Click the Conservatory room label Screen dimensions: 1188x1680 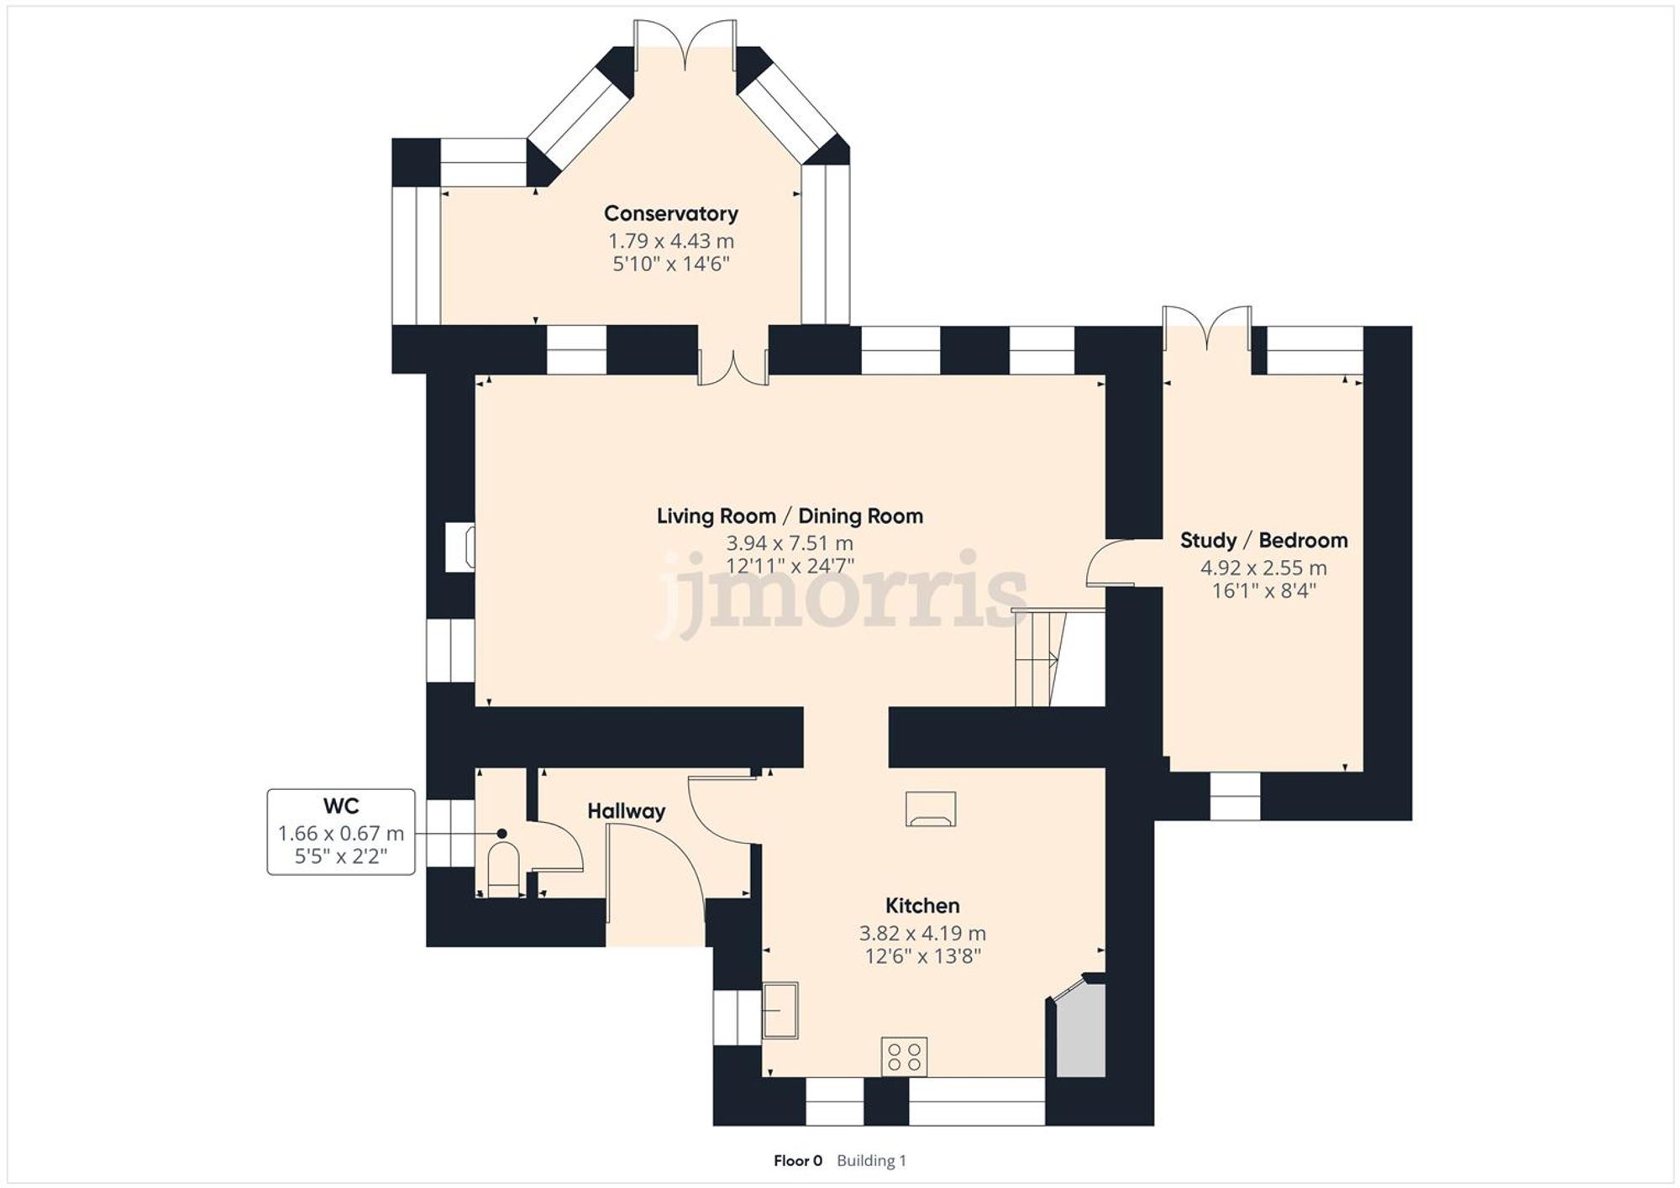pyautogui.click(x=670, y=213)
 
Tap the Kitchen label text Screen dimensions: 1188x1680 pyautogui.click(x=922, y=906)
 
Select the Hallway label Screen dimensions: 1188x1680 pyautogui.click(x=626, y=811)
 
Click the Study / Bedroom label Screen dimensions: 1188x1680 pyautogui.click(x=1263, y=540)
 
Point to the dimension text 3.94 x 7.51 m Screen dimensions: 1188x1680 pyautogui.click(x=790, y=543)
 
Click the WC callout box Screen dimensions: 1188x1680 pyautogui.click(x=341, y=831)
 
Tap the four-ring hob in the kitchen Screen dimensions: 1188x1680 pyautogui.click(x=904, y=1056)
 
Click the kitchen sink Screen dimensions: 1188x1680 pyautogui.click(x=780, y=1010)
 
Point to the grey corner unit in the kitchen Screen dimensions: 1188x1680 pyautogui.click(x=1080, y=1033)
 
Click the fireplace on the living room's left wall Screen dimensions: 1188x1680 pyautogui.click(x=460, y=547)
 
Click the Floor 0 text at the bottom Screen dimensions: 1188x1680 pyautogui.click(x=797, y=1161)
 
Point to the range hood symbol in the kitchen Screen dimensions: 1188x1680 pyautogui.click(x=931, y=809)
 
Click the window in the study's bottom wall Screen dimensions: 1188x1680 pyautogui.click(x=1235, y=796)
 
